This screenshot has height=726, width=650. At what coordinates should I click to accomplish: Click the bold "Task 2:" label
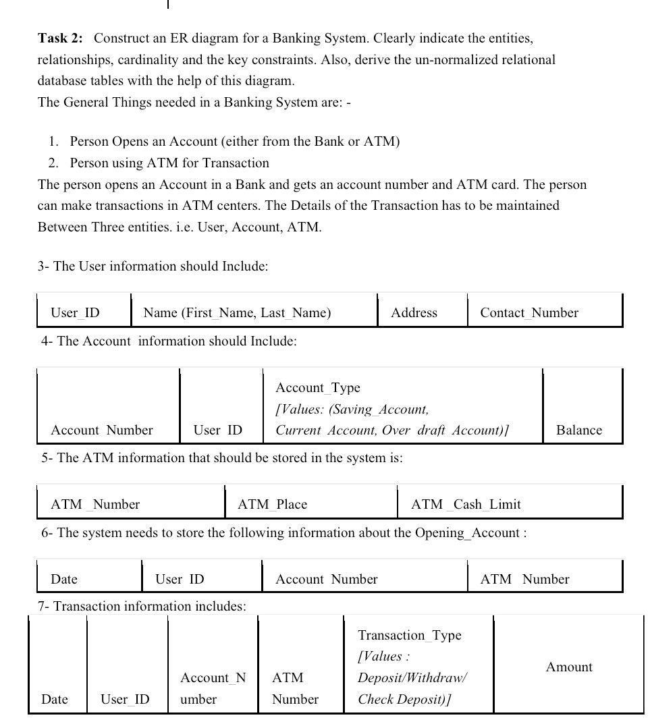(x=60, y=38)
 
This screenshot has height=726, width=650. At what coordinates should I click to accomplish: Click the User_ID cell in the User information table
(x=75, y=312)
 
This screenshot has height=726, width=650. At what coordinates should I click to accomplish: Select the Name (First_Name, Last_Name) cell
(x=237, y=312)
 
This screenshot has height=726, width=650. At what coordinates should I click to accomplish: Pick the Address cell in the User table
(x=414, y=312)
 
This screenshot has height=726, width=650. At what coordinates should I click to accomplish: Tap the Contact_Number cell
(x=529, y=312)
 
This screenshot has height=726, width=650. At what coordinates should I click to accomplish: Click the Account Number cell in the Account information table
(x=102, y=430)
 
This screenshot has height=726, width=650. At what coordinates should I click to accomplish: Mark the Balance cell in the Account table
(x=578, y=430)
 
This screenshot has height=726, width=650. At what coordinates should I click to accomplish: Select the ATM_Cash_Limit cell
(x=466, y=504)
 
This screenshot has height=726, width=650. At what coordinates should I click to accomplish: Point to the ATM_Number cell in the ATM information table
(x=95, y=504)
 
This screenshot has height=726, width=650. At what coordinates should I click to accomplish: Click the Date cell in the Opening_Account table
(x=64, y=579)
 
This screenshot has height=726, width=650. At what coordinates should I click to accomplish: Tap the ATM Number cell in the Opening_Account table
(x=524, y=579)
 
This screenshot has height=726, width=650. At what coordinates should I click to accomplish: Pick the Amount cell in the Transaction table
(x=568, y=667)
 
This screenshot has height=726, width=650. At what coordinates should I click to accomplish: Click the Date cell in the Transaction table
(x=55, y=699)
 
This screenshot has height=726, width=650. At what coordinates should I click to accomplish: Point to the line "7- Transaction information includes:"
(x=142, y=606)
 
